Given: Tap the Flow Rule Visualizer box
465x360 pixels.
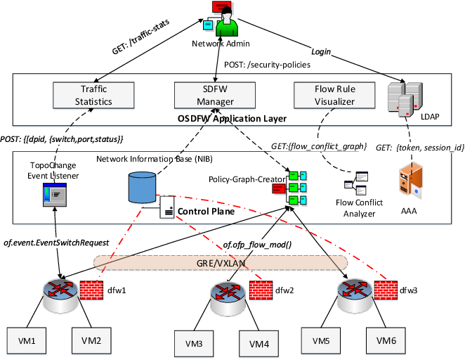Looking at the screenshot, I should [x=325, y=96].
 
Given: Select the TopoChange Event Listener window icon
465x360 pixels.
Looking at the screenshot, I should [x=54, y=195].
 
